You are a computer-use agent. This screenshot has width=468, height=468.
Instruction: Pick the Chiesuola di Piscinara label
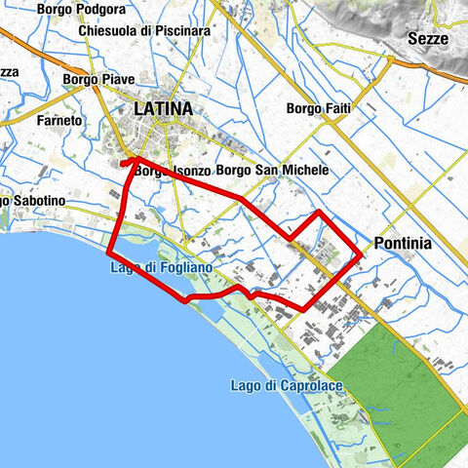(146, 30)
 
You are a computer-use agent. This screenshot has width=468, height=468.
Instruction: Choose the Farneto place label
(58, 121)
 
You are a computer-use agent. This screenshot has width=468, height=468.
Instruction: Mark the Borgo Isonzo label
(173, 171)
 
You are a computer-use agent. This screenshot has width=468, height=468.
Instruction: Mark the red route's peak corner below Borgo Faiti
(320, 211)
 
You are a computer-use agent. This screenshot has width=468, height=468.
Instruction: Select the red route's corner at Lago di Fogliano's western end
(109, 253)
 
